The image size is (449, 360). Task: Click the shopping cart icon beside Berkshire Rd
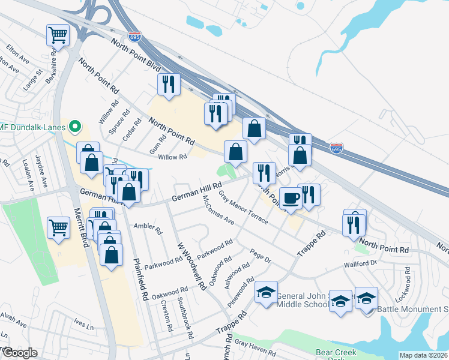(x=58, y=35)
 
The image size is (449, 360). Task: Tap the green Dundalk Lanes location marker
(x=75, y=127)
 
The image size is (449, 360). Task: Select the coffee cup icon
(x=291, y=197)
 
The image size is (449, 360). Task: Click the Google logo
(x=20, y=353)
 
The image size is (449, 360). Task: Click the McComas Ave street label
(x=218, y=210)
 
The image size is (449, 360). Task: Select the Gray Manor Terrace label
(x=243, y=207)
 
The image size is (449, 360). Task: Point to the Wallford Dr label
(x=360, y=263)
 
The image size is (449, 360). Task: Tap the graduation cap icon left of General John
(x=266, y=292)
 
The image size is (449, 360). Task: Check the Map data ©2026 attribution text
(x=423, y=355)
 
